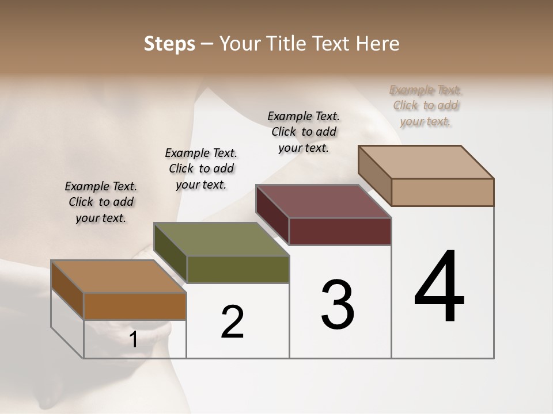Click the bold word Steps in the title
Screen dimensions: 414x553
click(169, 44)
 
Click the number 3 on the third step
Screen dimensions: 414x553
click(338, 305)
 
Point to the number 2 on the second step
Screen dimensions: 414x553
click(233, 322)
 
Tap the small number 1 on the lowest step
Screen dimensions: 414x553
click(134, 340)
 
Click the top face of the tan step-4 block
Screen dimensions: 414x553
click(426, 162)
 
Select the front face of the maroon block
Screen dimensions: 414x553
click(340, 231)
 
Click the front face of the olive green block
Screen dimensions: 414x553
click(238, 269)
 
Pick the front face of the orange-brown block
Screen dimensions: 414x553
click(135, 306)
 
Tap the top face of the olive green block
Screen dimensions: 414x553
click(221, 239)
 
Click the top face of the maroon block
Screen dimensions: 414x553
click(324, 201)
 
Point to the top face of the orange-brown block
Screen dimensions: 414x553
click(119, 277)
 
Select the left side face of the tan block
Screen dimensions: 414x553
click(374, 175)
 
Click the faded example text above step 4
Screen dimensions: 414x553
click(426, 105)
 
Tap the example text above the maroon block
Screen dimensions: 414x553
click(304, 132)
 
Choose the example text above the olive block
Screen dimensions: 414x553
click(201, 168)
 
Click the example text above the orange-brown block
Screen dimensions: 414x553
click(101, 202)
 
